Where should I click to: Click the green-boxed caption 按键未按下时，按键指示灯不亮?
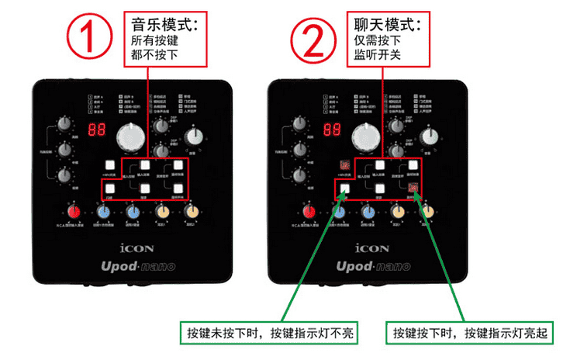(269, 333)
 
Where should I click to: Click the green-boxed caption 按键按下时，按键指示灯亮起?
(471, 333)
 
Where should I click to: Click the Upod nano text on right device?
(366, 266)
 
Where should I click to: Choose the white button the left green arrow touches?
(344, 186)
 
